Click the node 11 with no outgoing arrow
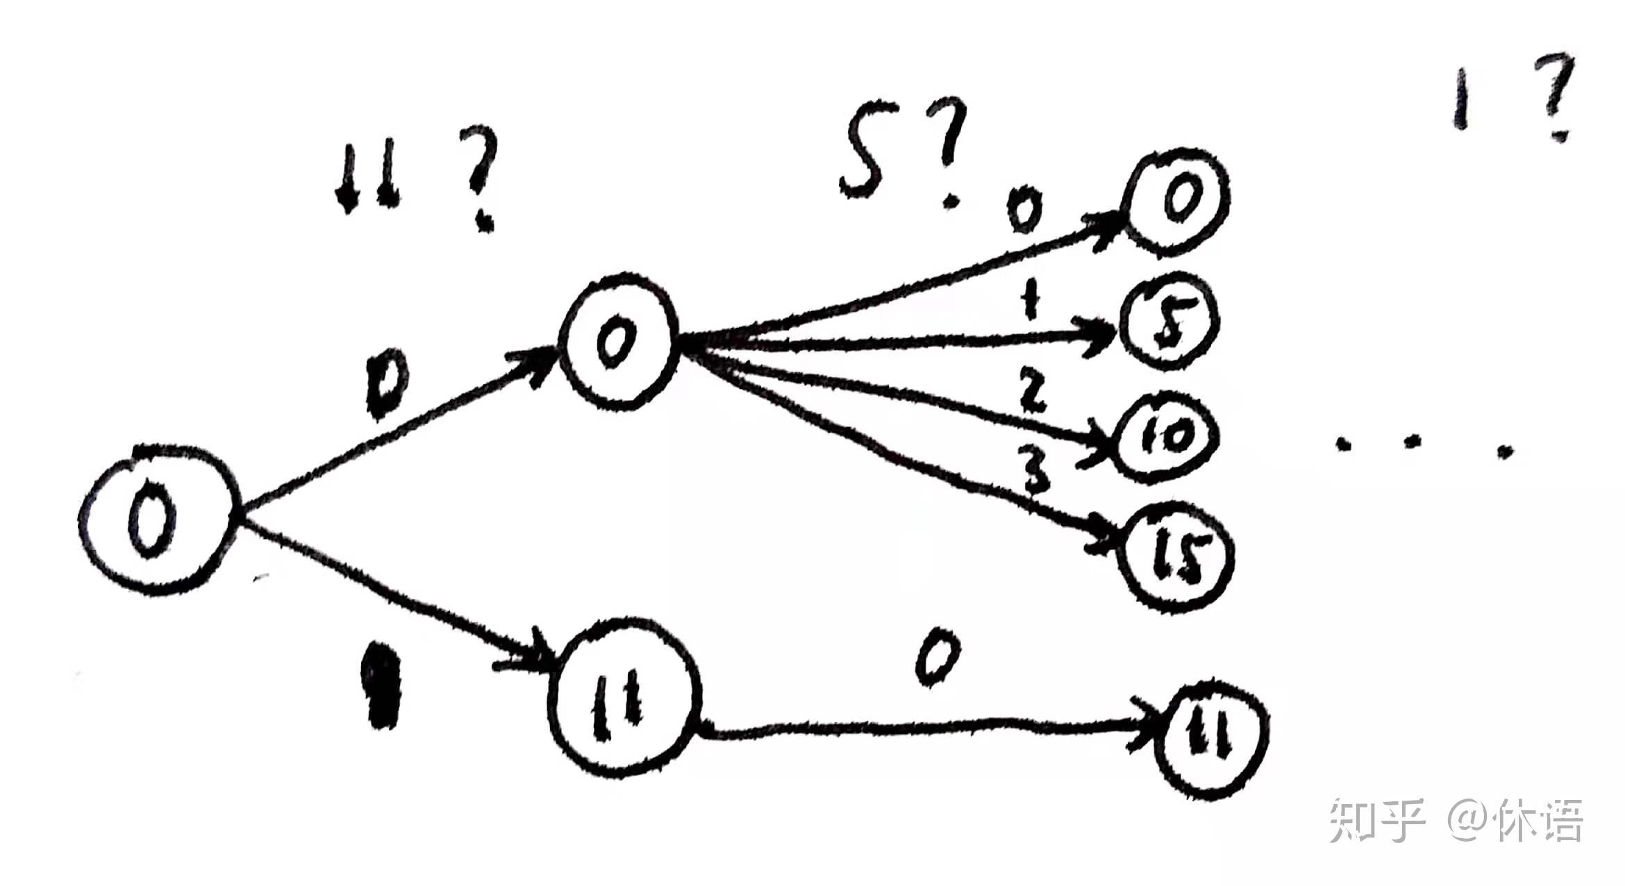(1212, 737)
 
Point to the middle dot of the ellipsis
(1410, 444)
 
